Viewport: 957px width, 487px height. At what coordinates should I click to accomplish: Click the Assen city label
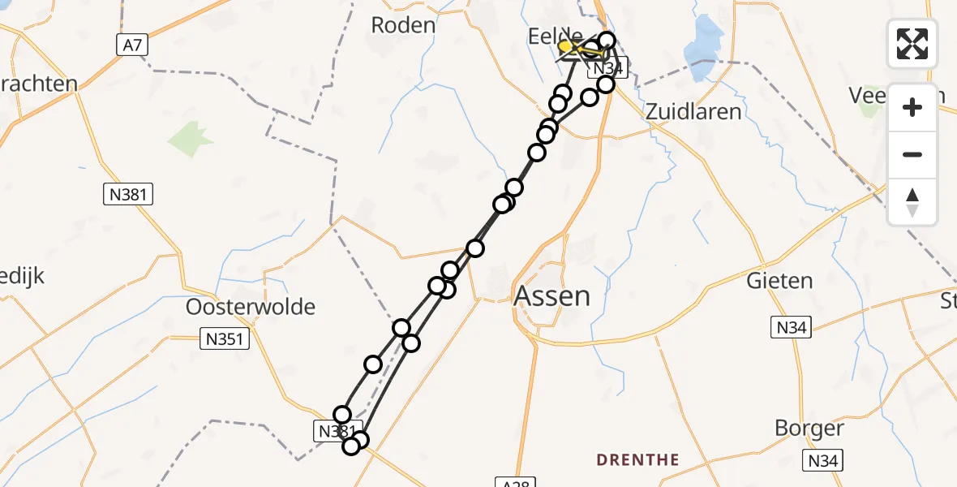pos(552,295)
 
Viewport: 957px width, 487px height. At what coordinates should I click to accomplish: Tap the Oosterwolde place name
pos(251,307)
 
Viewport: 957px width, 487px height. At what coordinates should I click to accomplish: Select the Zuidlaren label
pos(693,111)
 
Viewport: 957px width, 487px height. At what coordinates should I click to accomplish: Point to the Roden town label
pos(403,24)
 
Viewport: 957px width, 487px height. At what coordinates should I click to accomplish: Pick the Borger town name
pos(809,428)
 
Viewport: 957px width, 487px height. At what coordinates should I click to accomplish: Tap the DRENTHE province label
pos(637,460)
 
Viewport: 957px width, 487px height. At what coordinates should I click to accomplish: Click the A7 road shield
pos(131,45)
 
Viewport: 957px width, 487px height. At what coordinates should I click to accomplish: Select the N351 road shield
pos(225,339)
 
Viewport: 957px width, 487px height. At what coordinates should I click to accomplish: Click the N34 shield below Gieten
pos(791,328)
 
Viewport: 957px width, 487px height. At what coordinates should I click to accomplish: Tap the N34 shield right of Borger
pos(825,461)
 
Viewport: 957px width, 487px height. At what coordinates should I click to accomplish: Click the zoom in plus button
pos(912,107)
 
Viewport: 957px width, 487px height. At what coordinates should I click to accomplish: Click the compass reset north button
pos(912,202)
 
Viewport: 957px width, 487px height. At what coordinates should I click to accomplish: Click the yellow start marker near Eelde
pos(565,47)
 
